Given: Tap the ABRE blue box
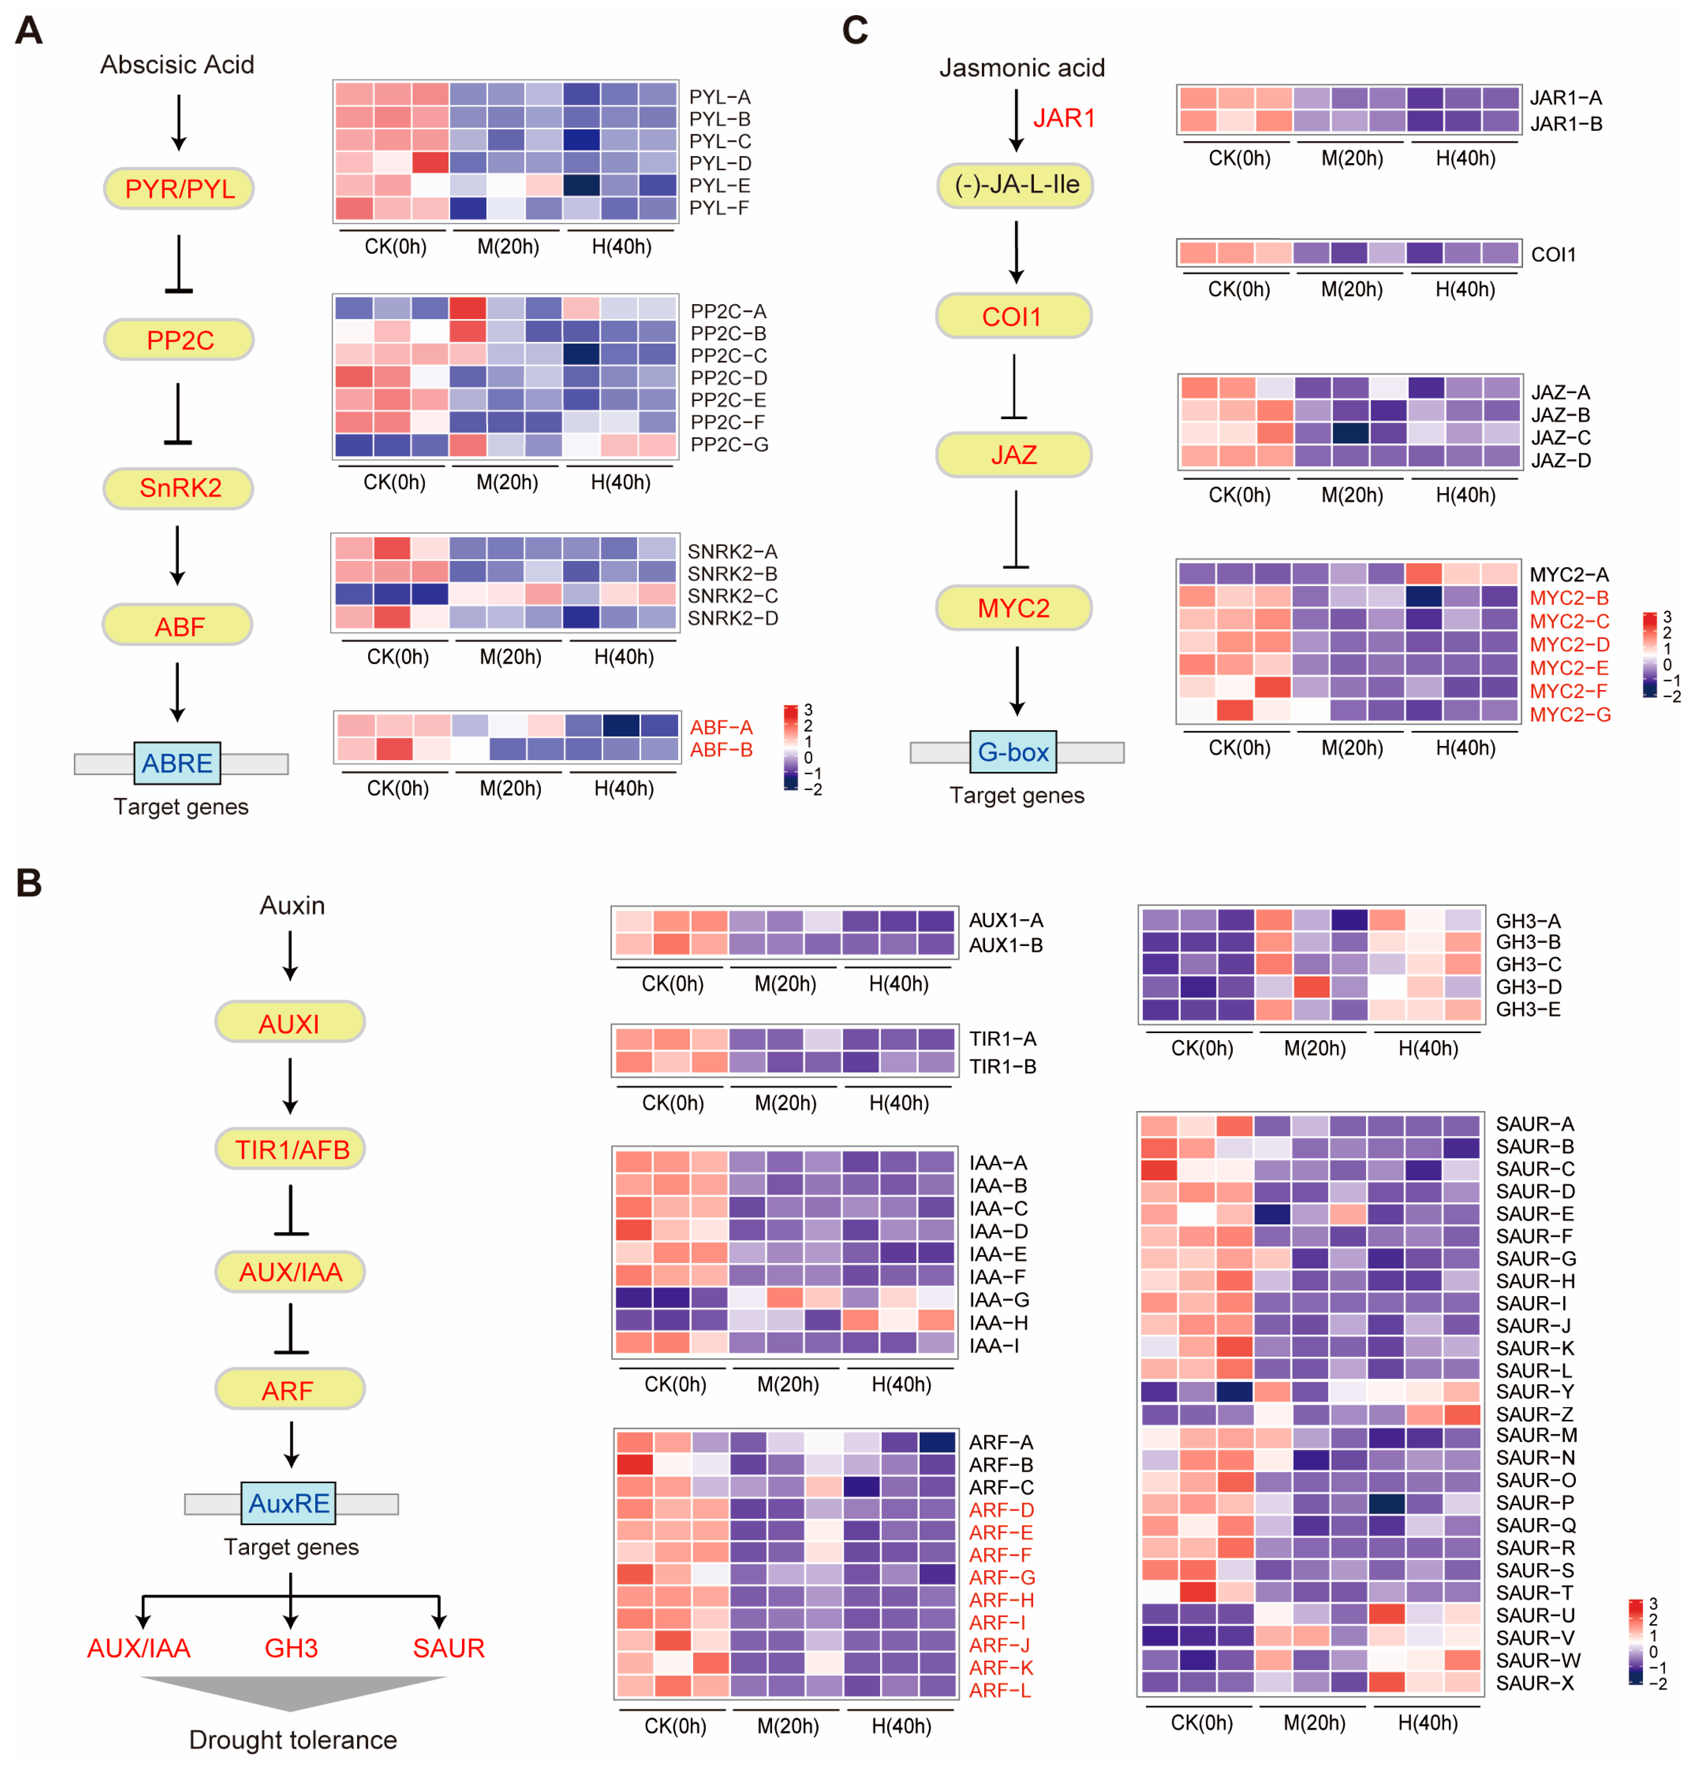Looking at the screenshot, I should click(x=177, y=763).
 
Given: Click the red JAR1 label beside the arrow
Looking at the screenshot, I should click(x=1064, y=118).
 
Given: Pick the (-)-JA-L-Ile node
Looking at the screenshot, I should click(x=1016, y=185).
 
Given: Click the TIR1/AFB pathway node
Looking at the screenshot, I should click(x=290, y=1149).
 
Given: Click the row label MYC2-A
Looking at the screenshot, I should click(x=1568, y=575).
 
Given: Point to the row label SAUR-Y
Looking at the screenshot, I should click(x=1534, y=1391).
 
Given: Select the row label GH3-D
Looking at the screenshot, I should click(x=1528, y=987).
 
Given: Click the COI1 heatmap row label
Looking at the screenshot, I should click(x=1553, y=254).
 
